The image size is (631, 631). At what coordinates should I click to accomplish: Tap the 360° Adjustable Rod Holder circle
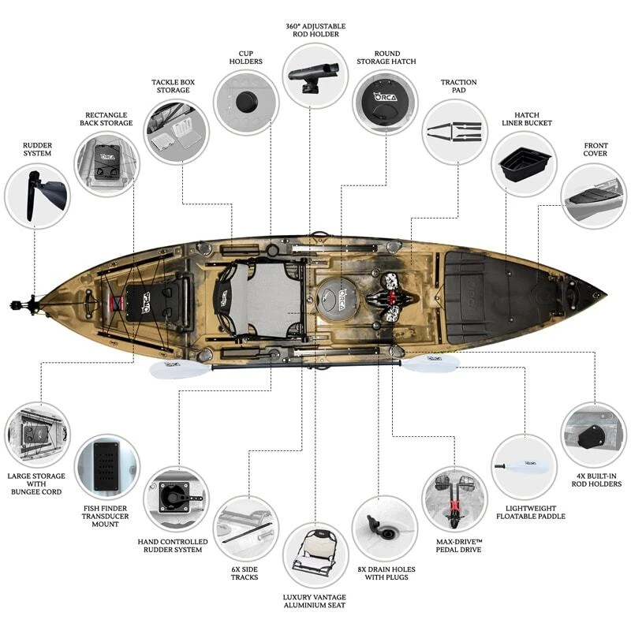pyautogui.click(x=314, y=76)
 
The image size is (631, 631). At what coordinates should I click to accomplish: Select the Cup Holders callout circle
pyautogui.click(x=245, y=102)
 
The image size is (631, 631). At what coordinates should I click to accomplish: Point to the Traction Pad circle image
pyautogui.click(x=455, y=132)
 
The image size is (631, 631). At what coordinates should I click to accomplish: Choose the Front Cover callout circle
pyautogui.click(x=593, y=196)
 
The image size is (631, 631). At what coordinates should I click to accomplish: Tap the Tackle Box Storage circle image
pyautogui.click(x=177, y=131)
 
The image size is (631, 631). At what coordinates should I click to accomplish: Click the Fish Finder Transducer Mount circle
pyautogui.click(x=106, y=466)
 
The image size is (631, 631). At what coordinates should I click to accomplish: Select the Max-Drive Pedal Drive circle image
pyautogui.click(x=455, y=499)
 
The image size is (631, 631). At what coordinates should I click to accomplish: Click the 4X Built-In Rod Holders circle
pyautogui.click(x=593, y=435)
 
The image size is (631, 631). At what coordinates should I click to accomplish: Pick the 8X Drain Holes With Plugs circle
pyautogui.click(x=385, y=528)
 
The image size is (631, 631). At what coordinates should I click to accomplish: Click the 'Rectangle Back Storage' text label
pyautogui.click(x=104, y=118)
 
